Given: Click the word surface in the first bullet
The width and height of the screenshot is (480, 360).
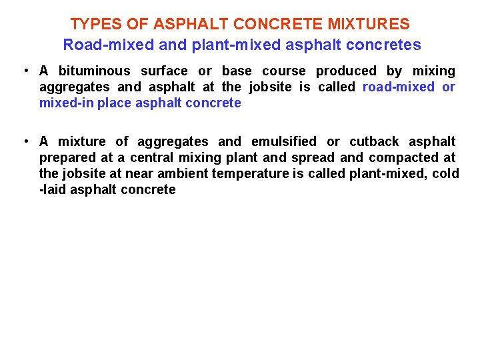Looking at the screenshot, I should click(164, 71).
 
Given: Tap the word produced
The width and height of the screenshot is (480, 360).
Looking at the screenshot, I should click(346, 71).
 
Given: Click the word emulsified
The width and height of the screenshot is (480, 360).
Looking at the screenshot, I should click(284, 142).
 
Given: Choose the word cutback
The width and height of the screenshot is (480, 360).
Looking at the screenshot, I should click(374, 142).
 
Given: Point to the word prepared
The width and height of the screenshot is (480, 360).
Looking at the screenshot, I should click(66, 158).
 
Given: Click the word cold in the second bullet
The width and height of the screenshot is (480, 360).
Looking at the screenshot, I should click(444, 174).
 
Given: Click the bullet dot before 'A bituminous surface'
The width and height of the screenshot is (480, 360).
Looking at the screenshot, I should click(24, 71).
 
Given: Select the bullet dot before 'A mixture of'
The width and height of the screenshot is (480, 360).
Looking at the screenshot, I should click(24, 142).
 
